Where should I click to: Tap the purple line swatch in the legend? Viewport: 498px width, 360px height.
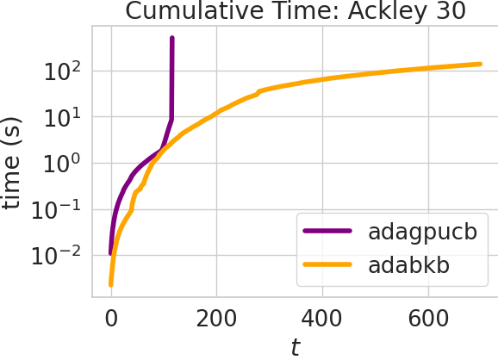tap(328, 233)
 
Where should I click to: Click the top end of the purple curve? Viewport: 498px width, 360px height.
tap(172, 39)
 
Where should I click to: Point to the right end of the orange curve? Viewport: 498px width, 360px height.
tap(480, 64)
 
